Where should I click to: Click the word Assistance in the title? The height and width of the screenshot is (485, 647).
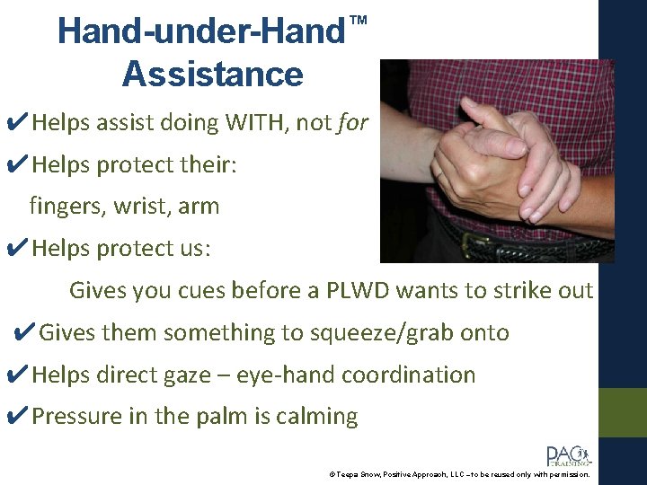(x=212, y=74)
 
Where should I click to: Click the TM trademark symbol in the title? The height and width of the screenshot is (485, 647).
(x=358, y=20)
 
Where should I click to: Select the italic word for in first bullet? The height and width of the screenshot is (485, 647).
(x=353, y=123)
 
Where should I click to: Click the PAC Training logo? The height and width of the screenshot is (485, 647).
(x=567, y=455)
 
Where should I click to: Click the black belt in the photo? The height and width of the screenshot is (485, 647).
(x=503, y=242)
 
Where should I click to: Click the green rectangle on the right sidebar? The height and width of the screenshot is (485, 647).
(x=623, y=412)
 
